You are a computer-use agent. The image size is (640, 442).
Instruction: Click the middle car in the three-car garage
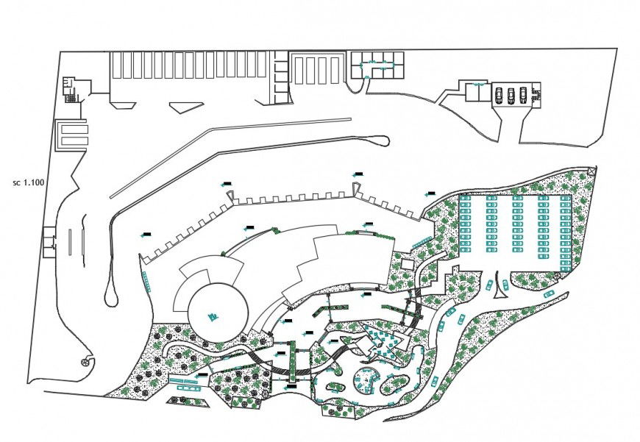coord(511,94)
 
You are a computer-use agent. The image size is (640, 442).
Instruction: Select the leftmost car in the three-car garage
coord(499,94)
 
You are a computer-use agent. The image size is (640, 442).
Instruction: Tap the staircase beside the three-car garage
coord(536,95)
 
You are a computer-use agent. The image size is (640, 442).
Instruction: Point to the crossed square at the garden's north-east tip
coord(593,171)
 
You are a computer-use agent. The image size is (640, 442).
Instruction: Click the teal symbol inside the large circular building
coord(213,316)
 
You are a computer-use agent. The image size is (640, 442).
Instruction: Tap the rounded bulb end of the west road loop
coord(110,297)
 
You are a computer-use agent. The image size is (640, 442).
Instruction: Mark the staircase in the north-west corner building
coord(71,96)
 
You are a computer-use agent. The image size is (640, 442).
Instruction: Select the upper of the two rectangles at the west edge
coord(73,128)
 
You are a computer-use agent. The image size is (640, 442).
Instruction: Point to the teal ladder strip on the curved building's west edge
coord(146,280)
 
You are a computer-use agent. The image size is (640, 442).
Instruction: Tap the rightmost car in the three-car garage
coord(523,94)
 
